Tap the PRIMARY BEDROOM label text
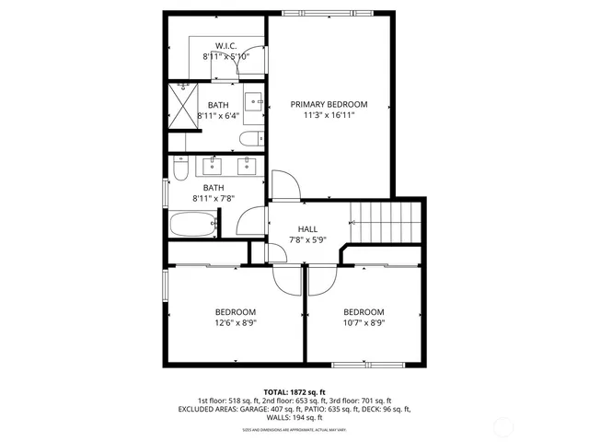click(x=329, y=104)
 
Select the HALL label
click(x=308, y=229)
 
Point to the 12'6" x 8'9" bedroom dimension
click(x=235, y=323)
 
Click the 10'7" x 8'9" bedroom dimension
click(x=364, y=323)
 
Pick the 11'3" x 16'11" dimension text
click(x=329, y=115)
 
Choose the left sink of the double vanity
click(x=215, y=166)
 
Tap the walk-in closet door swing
click(x=258, y=51)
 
